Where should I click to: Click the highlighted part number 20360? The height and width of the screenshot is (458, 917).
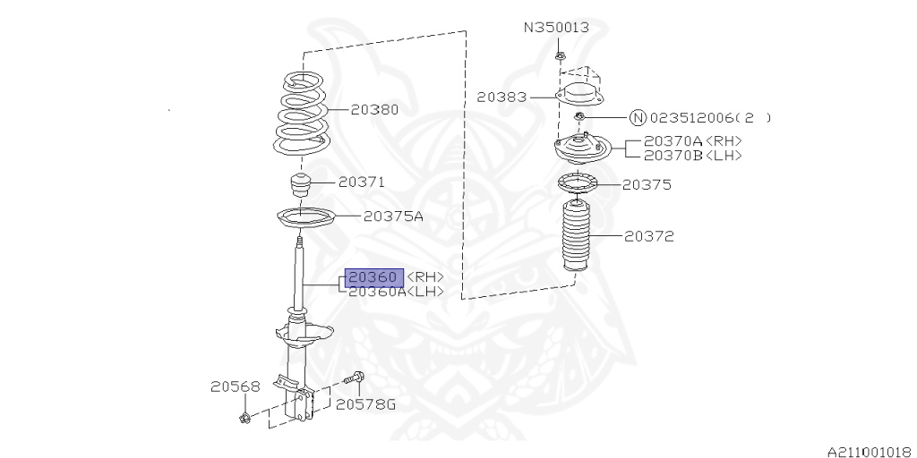pos(373,277)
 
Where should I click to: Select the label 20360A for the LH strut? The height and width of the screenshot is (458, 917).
pos(376,292)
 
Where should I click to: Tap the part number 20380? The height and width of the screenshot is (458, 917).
pos(374,110)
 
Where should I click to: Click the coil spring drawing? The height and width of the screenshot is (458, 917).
pos(300,114)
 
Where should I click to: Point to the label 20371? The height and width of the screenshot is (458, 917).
pos(361,182)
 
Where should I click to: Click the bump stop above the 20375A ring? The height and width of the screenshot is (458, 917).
pos(300,188)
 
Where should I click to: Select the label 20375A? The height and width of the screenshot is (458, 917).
pos(393,216)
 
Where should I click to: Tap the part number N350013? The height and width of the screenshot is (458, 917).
pos(556,28)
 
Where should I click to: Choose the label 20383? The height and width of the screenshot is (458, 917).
pos(501,97)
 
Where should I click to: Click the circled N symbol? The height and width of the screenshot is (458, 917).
pos(638,117)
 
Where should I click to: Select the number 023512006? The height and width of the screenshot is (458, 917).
pos(691,117)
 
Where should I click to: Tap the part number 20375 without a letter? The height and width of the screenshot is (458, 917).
pos(647,185)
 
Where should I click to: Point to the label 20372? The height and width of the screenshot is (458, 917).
pos(648,237)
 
